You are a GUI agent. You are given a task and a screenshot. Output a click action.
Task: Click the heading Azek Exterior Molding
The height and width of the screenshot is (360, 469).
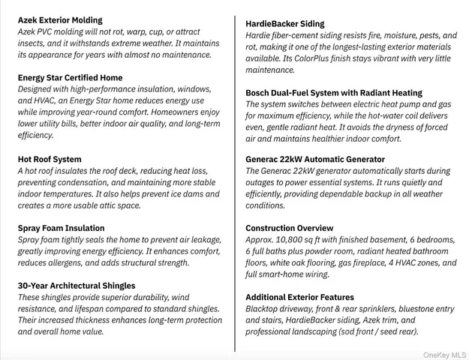point(60,20)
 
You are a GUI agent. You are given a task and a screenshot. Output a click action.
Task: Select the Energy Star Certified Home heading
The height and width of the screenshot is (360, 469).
point(70,78)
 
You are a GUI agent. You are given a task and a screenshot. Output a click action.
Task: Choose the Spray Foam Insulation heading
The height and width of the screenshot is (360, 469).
point(61,228)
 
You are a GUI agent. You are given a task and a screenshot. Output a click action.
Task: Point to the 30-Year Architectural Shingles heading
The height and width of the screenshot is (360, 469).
point(77,286)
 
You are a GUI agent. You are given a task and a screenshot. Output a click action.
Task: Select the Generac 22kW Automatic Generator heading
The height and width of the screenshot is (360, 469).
point(315,160)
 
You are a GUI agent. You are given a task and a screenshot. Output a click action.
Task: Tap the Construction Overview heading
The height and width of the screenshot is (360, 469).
point(290,228)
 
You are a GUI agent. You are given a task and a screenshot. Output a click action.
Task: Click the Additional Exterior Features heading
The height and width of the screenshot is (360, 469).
point(299,298)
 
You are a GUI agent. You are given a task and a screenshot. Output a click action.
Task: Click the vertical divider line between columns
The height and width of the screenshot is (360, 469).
point(236,180)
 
